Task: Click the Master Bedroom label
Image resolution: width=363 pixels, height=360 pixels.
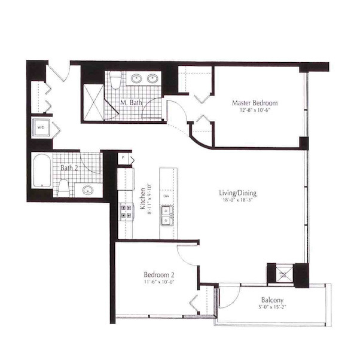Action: click(255, 103)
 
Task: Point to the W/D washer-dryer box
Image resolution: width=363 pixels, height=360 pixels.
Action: click(41, 127)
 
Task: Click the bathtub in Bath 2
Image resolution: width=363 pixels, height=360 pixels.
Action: click(42, 171)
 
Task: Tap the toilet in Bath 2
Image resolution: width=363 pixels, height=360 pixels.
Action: click(63, 188)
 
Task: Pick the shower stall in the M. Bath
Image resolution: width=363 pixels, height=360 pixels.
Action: click(93, 99)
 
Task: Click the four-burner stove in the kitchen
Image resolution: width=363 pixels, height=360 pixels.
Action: click(127, 210)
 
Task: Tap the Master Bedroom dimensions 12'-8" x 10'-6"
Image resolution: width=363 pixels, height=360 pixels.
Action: click(255, 110)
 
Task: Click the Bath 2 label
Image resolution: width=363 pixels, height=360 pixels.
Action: click(69, 167)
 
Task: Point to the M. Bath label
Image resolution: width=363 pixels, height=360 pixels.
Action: click(130, 102)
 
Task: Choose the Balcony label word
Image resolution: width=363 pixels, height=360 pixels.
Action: click(272, 301)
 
